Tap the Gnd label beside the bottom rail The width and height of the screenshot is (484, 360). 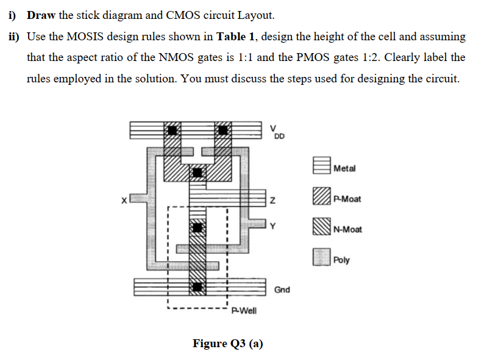pos(282,289)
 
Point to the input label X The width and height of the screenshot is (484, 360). pos(124,199)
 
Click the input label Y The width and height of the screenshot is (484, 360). pos(273,227)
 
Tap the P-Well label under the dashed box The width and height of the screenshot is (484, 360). pos(244,311)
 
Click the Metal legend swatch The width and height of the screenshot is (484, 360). pos(321,167)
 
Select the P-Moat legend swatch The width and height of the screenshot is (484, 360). pos(321,198)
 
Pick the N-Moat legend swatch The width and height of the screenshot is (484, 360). pos(321,229)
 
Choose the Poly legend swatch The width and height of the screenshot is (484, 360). pos(321,259)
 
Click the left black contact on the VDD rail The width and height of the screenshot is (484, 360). pos(173,130)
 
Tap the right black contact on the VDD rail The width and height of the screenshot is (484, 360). pos(224,130)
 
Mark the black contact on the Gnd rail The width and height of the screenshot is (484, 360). pos(197,286)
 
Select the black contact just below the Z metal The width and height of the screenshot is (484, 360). pos(197,229)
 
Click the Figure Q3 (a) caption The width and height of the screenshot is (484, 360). pos(228,343)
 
